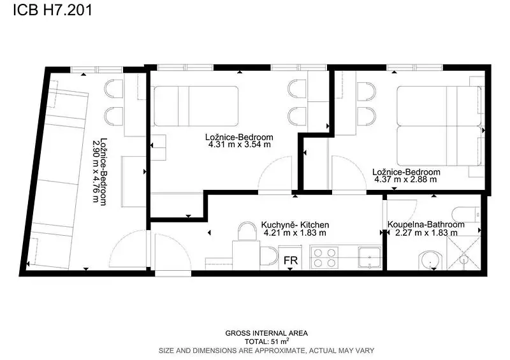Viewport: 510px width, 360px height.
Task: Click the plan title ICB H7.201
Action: pyautogui.click(x=53, y=10)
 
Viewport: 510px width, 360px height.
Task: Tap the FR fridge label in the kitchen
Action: pyautogui.click(x=291, y=261)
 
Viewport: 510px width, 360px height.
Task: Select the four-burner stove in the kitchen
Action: pyautogui.click(x=324, y=257)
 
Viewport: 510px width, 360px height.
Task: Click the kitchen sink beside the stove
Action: pyautogui.click(x=370, y=257)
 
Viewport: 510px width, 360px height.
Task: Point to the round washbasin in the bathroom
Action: pyautogui.click(x=430, y=261)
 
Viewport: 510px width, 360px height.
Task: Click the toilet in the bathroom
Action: pyautogui.click(x=466, y=215)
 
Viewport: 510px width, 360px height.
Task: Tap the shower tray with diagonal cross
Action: pyautogui.click(x=464, y=253)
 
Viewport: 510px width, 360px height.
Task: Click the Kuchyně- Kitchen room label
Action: pyautogui.click(x=295, y=225)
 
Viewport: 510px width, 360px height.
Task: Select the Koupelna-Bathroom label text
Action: pyautogui.click(x=426, y=224)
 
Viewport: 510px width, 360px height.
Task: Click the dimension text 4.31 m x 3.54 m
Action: pyautogui.click(x=240, y=145)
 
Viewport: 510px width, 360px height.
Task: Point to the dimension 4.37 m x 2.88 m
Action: pyautogui.click(x=405, y=180)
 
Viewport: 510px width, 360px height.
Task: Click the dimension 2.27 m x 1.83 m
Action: pyautogui.click(x=426, y=233)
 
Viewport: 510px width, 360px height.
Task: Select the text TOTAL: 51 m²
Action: pyautogui.click(x=266, y=342)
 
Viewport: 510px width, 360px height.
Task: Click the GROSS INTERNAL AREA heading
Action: pyautogui.click(x=266, y=333)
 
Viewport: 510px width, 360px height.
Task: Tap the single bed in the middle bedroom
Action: pyautogui.click(x=196, y=106)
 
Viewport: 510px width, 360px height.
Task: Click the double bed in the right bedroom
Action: pyautogui.click(x=439, y=126)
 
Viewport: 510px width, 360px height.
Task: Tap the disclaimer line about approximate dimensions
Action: pyautogui.click(x=266, y=350)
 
